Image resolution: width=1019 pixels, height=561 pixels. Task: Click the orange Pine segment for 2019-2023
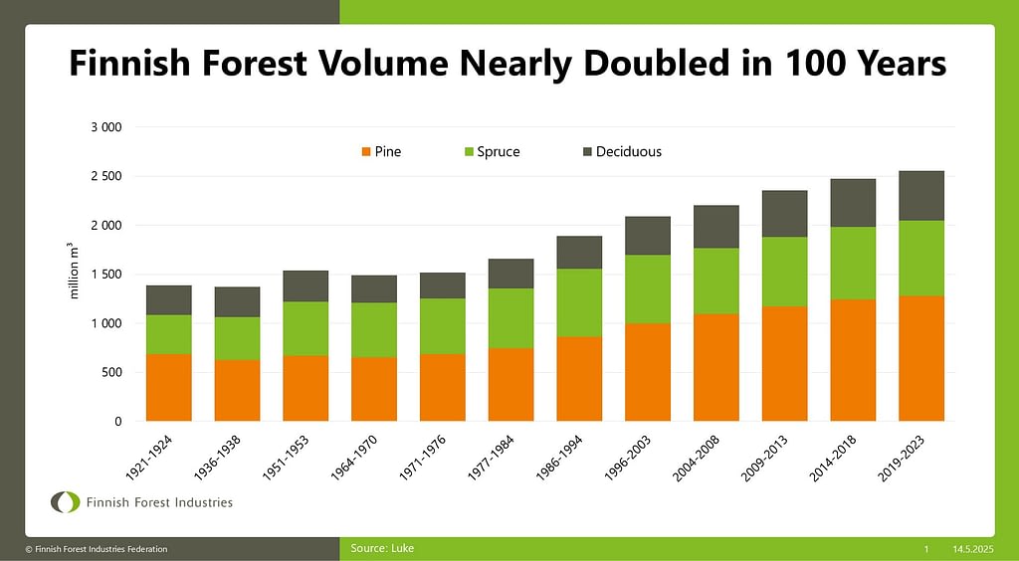[921, 358]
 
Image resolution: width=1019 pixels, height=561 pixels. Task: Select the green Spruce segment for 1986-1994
[579, 302]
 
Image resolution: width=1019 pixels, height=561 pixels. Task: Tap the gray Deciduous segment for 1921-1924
[168, 300]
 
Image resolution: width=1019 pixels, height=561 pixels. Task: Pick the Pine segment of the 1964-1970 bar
[374, 389]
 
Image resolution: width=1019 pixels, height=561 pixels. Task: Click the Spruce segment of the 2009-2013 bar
[784, 272]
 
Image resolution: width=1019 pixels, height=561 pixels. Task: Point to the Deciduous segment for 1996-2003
[648, 236]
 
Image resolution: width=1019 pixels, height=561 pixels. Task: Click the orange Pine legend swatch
[366, 152]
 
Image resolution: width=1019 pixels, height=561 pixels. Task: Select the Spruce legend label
[499, 152]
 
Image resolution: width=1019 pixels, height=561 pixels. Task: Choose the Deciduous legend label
[628, 152]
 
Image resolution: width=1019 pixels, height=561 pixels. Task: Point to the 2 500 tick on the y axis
[104, 177]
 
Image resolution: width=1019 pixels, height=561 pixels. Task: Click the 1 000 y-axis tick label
[104, 324]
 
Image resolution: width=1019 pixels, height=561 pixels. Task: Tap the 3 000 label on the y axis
[104, 128]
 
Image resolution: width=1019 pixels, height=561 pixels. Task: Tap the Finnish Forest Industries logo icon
[66, 502]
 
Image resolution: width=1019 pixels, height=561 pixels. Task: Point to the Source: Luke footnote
[382, 548]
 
